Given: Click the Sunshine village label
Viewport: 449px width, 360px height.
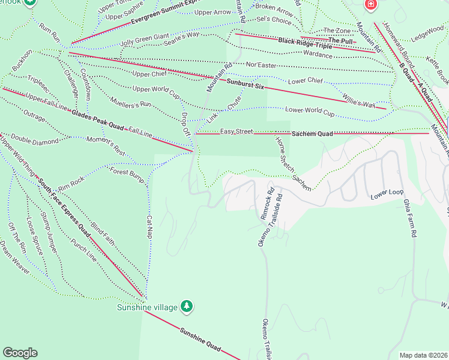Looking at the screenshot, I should [146, 307].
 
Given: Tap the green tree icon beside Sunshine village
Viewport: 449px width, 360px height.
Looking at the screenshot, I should [187, 307].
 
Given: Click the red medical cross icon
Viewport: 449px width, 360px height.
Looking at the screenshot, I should [371, 4].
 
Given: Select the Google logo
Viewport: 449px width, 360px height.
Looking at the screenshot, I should [20, 353].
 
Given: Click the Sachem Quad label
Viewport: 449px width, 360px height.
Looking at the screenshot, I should [312, 133].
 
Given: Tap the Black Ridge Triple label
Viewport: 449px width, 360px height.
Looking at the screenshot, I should [304, 43].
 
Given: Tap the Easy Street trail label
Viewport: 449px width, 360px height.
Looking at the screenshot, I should [236, 131].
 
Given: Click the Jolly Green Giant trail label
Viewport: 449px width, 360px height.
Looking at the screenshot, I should [144, 40].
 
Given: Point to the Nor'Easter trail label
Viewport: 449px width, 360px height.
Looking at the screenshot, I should [260, 64].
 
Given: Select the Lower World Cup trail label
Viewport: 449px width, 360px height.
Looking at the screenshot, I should [310, 110].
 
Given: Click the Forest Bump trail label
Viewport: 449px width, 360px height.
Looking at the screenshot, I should [127, 175].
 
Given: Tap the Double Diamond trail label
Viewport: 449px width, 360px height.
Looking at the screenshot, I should [35, 140].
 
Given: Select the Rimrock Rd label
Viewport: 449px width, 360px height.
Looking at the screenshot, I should [266, 205].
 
